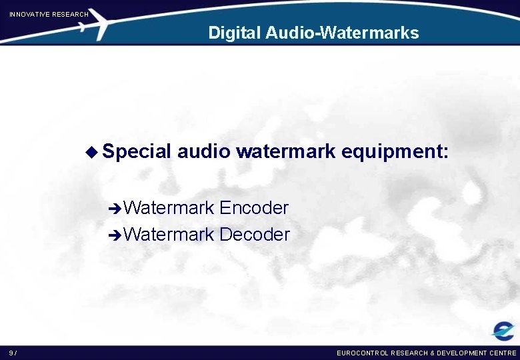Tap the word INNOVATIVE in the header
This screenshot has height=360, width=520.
pos(29,14)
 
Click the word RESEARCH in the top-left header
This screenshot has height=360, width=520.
pos(70,14)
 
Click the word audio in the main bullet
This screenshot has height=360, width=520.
pos(204,151)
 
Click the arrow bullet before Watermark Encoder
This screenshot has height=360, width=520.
pos(115,209)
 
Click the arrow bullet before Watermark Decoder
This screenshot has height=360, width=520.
pos(115,235)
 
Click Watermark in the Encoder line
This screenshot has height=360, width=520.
pos(169,208)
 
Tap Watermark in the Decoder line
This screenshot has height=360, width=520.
pos(169,235)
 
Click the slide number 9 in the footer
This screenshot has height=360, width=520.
pos(11,353)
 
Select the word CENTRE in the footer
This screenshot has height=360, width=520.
pos(502,353)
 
